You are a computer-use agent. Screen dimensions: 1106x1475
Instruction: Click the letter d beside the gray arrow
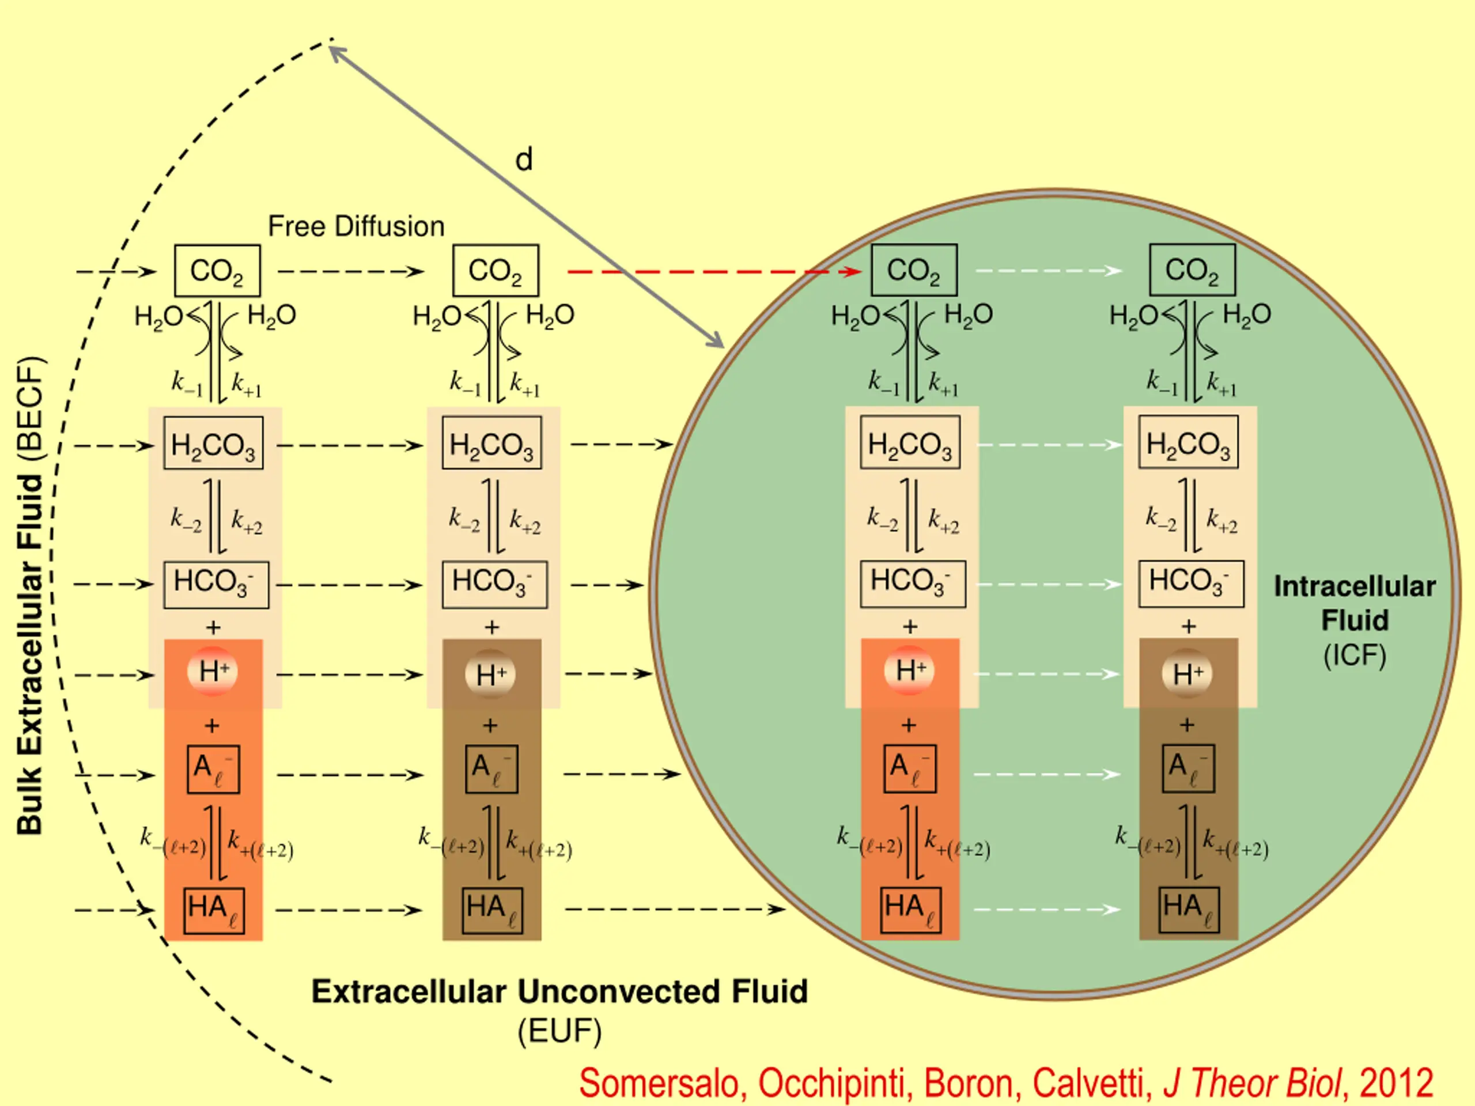(x=524, y=160)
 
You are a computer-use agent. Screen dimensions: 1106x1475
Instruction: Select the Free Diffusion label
(x=356, y=226)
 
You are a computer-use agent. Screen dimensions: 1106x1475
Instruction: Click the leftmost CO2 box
(x=217, y=271)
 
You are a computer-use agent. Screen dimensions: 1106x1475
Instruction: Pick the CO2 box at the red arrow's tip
(x=914, y=270)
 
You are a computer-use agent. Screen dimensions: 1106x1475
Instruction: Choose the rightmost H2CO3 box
(x=1188, y=442)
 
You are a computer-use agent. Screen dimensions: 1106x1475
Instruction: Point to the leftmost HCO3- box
(x=216, y=585)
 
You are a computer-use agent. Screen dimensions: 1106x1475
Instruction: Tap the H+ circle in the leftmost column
(x=213, y=671)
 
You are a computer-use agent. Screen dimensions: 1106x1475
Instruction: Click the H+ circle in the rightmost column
(x=1187, y=673)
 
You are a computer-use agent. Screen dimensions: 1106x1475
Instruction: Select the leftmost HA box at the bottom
(x=213, y=910)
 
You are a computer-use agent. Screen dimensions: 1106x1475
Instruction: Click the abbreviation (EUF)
(x=559, y=1031)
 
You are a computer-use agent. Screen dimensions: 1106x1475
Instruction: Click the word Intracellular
(x=1355, y=586)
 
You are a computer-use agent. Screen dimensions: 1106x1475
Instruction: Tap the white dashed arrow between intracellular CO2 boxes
(x=1048, y=271)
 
